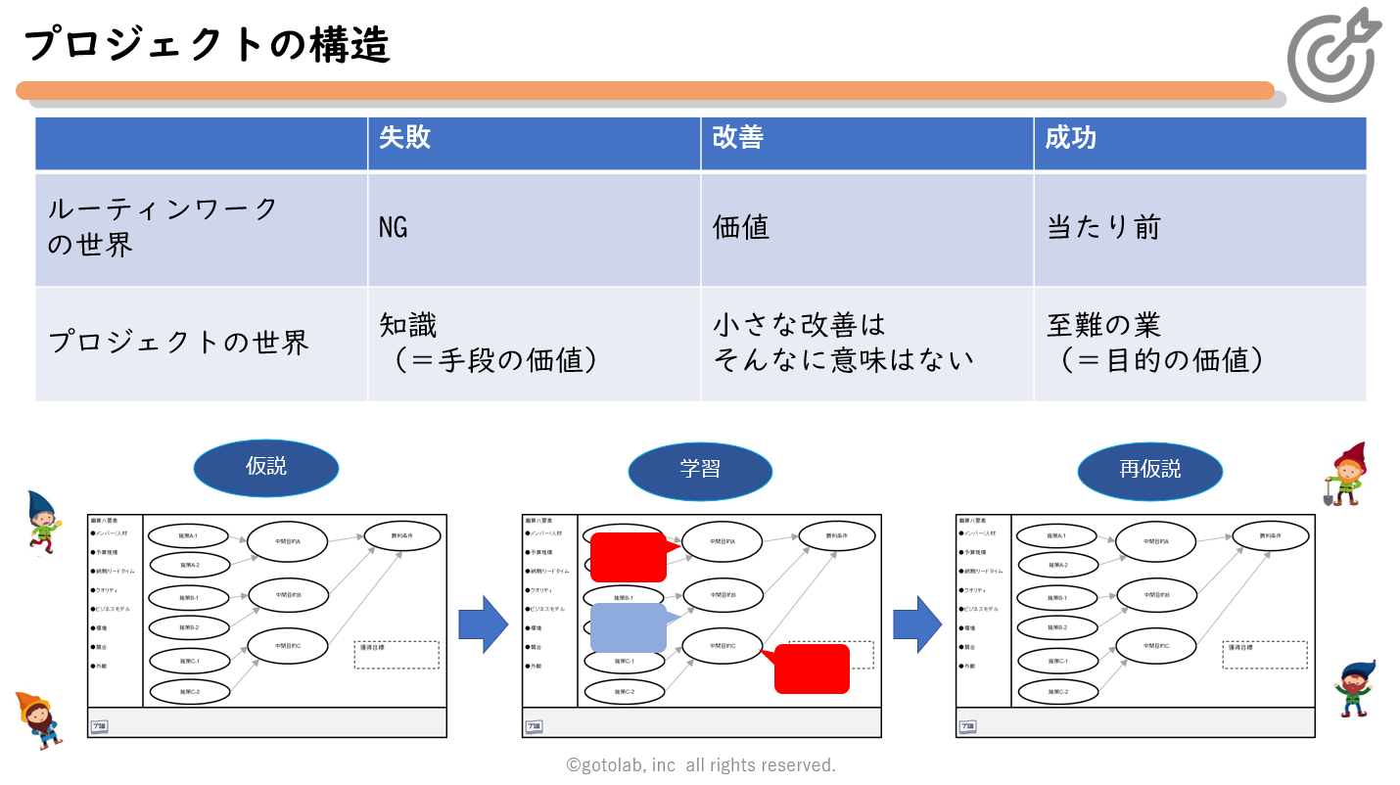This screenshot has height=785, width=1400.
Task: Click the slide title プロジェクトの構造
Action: pyautogui.click(x=207, y=45)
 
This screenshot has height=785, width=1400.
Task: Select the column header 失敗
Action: pyautogui.click(x=405, y=138)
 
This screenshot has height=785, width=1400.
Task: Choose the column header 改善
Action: pyautogui.click(x=738, y=138)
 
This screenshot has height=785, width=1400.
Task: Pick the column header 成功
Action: pyautogui.click(x=1070, y=138)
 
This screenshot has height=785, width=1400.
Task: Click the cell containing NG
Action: pyautogui.click(x=394, y=228)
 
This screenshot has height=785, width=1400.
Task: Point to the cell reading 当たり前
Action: pyautogui.click(x=1103, y=228)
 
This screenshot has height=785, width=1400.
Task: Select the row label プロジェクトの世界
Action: pyautogui.click(x=179, y=343)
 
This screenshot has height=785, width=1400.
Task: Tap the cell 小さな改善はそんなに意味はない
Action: pyautogui.click(x=843, y=343)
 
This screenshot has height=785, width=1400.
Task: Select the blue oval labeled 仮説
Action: pyautogui.click(x=266, y=468)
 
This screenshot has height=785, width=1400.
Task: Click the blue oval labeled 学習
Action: pyautogui.click(x=700, y=470)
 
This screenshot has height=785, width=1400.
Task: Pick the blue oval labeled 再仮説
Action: pyautogui.click(x=1150, y=471)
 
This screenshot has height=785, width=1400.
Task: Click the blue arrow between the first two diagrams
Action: pyautogui.click(x=483, y=624)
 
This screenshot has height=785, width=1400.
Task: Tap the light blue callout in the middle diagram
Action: pyautogui.click(x=628, y=628)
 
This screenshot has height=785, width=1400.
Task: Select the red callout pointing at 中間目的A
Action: pyautogui.click(x=628, y=557)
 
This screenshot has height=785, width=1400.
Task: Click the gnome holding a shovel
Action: pyautogui.click(x=1346, y=475)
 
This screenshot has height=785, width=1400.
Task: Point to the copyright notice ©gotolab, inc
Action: pyautogui.click(x=701, y=765)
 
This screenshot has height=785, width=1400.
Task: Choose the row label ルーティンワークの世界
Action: pyautogui.click(x=163, y=226)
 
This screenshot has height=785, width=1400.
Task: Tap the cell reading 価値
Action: pyautogui.click(x=741, y=228)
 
